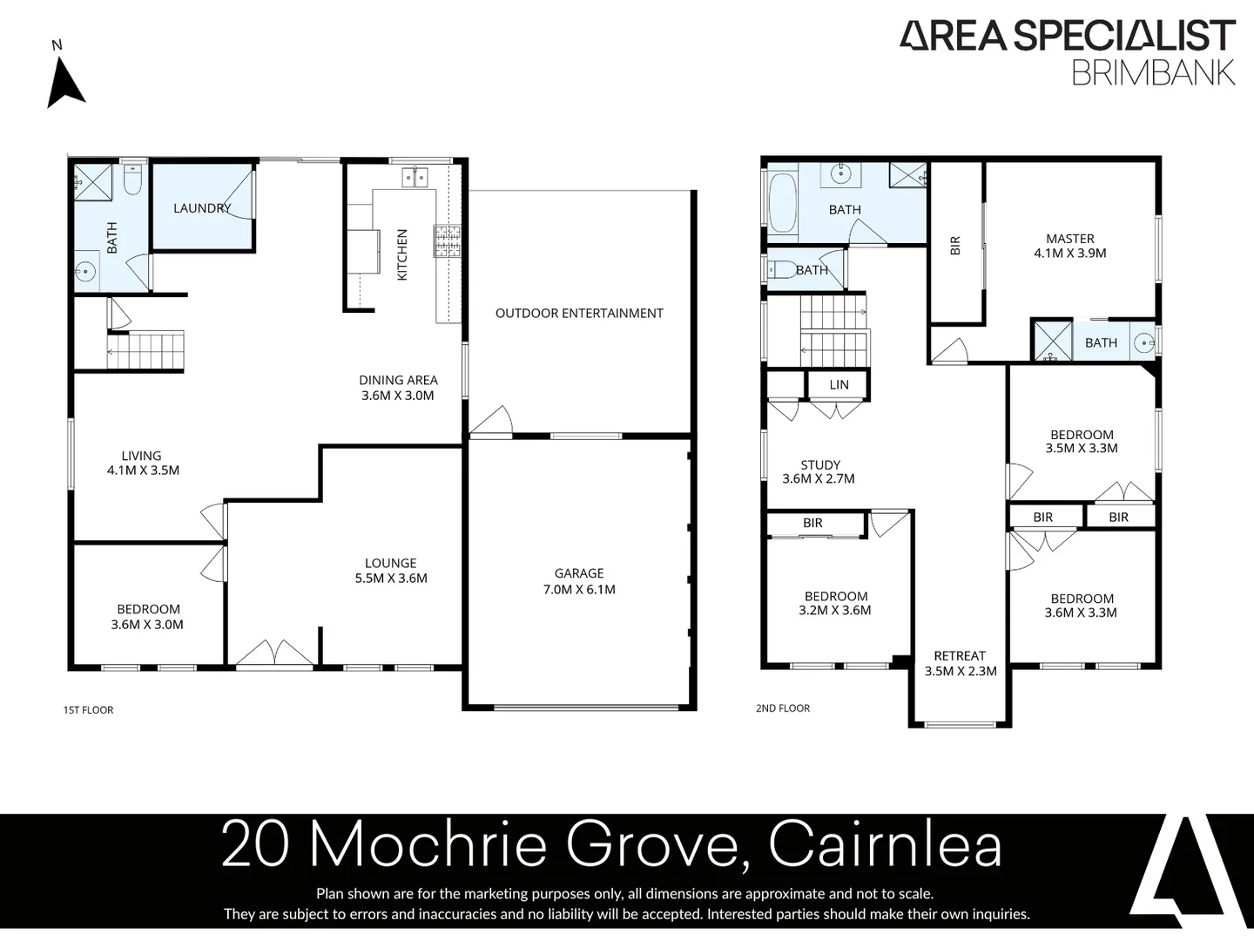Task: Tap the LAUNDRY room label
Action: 202,208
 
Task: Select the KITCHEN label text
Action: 402,254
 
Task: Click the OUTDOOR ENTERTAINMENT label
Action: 579,314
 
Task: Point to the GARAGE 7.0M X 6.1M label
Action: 579,581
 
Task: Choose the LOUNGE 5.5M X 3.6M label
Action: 391,571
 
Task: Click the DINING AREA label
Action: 398,388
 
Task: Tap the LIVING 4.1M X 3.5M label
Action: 143,463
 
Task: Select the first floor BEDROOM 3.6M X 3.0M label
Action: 148,617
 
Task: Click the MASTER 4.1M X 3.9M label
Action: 1069,246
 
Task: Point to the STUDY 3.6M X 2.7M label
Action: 819,471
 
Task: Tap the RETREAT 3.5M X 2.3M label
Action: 960,663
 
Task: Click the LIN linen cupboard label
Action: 839,385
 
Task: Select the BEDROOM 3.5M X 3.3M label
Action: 1082,442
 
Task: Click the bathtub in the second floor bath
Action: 782,204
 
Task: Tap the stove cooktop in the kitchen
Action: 447,241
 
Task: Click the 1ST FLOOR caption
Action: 88,710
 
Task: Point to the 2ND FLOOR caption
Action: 782,708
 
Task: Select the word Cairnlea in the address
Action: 885,844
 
